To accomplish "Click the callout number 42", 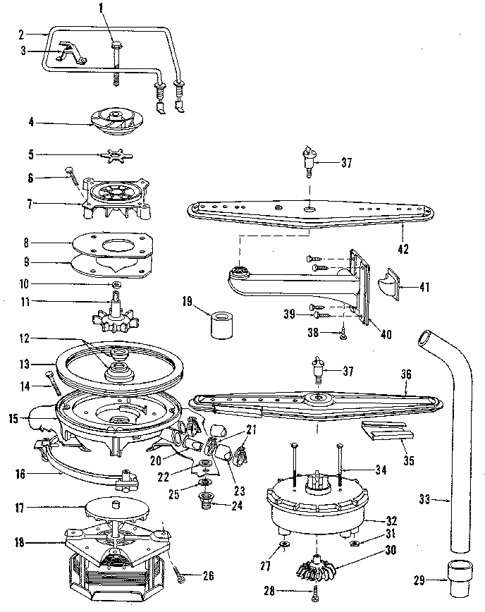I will [x=403, y=248].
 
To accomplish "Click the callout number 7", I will [x=29, y=205].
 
